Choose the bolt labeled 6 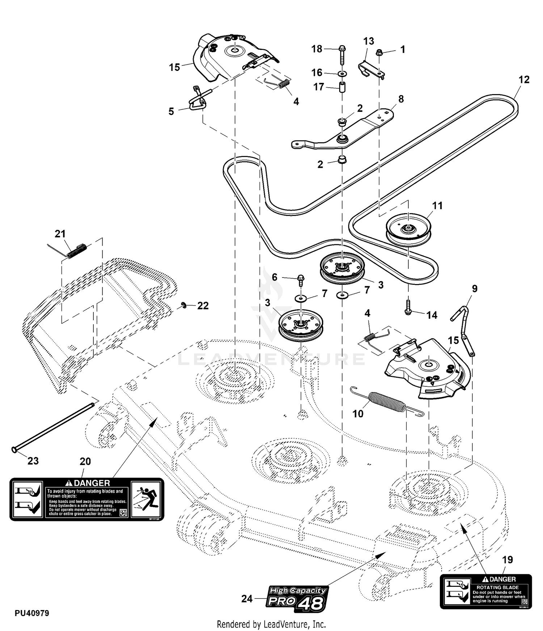tap(301, 280)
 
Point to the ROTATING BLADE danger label tap(485, 591)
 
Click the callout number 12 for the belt tap(524, 80)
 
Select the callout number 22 tap(203, 306)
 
